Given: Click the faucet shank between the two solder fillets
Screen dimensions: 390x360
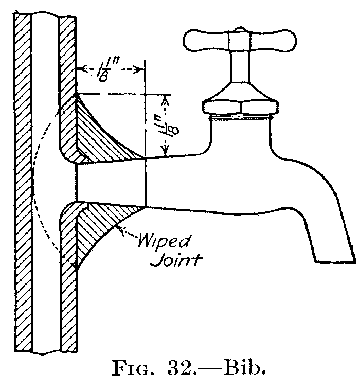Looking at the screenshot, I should [x=111, y=183].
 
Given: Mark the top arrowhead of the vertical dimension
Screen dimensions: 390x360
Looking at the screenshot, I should [x=165, y=97].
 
